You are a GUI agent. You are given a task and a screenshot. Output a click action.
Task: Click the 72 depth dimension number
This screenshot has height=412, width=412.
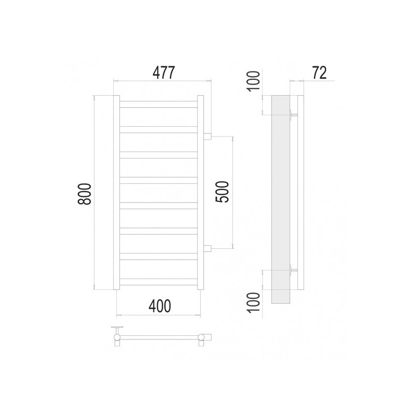pos(319,73)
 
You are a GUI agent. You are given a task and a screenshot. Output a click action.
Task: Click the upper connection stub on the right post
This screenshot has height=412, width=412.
pos(208,136)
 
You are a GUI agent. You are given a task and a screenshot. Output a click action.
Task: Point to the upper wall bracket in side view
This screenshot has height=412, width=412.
pos(293,114)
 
